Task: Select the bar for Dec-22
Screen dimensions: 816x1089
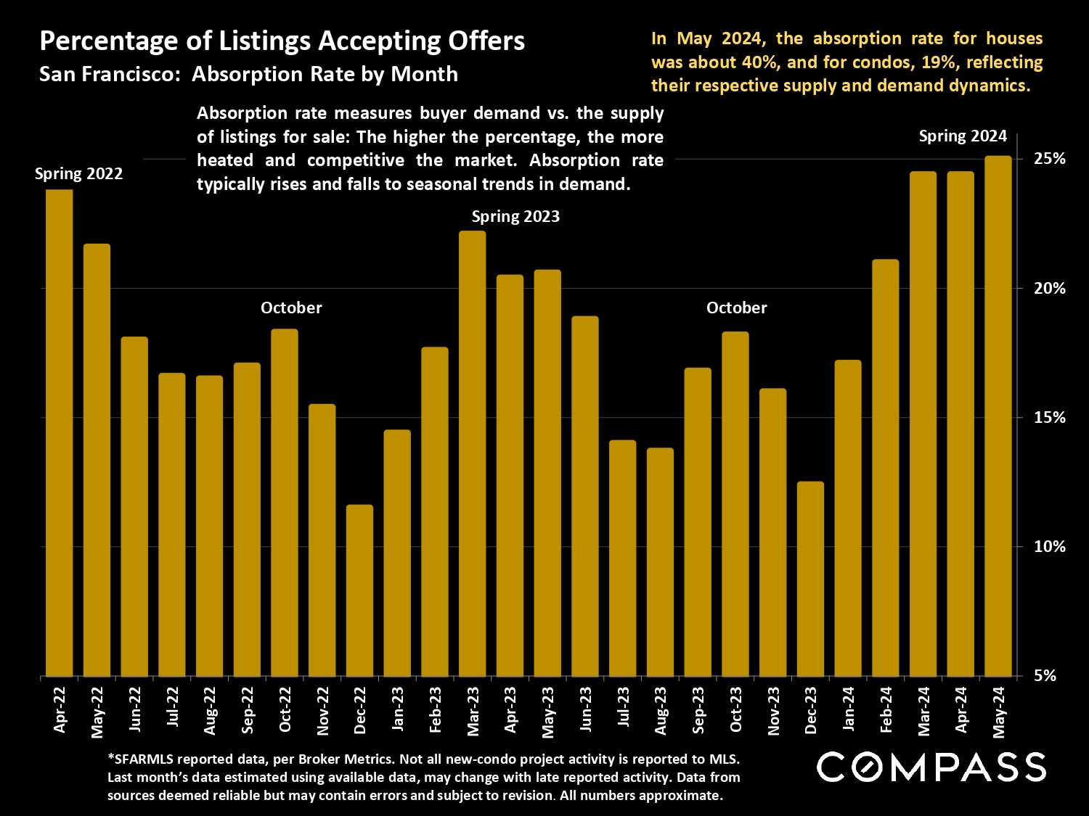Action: tap(359, 590)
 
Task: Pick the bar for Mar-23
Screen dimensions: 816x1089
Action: tap(472, 453)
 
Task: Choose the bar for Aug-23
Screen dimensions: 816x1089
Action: tap(660, 562)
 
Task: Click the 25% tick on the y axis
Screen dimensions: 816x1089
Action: tap(1049, 159)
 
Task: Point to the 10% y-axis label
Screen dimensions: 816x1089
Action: tap(1049, 546)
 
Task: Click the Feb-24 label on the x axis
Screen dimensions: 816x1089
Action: tap(886, 710)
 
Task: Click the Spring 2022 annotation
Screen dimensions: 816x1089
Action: tap(78, 174)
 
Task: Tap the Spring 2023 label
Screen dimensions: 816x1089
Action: tap(515, 216)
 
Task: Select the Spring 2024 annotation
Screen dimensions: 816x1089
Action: tap(963, 136)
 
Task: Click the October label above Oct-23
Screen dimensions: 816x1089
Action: tap(736, 308)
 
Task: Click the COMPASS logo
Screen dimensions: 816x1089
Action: tap(931, 767)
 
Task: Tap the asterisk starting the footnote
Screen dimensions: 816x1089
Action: tap(110, 759)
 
